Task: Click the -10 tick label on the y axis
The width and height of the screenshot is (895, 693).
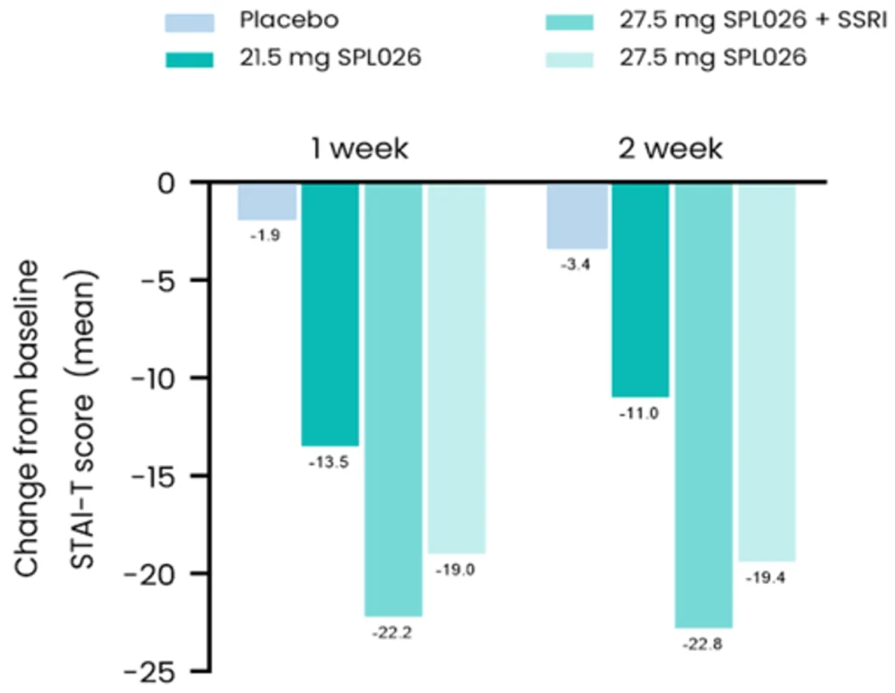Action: point(158,378)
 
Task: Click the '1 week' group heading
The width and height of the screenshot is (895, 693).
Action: point(359,149)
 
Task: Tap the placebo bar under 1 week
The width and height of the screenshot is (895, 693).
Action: point(267,202)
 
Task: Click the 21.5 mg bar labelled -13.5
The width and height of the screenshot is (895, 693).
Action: point(330,315)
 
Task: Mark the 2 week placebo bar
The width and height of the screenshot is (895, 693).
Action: point(577,217)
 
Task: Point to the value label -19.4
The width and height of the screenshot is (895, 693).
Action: point(766,578)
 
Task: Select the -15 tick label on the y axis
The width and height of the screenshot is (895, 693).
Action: point(158,476)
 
